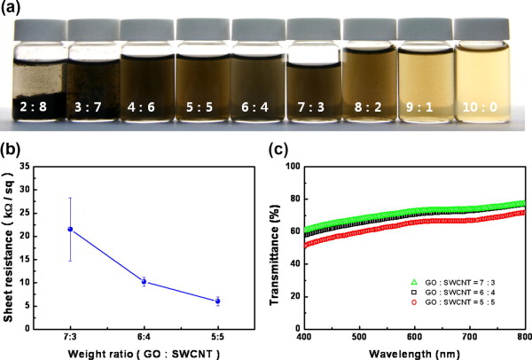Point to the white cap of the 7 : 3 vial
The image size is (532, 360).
[312, 32]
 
